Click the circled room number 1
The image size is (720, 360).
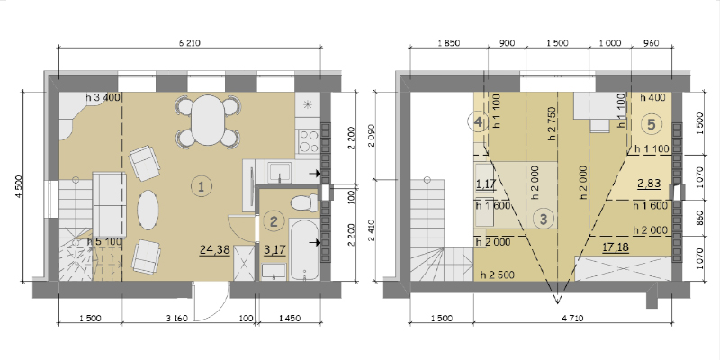(201, 186)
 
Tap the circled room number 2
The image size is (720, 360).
(274, 222)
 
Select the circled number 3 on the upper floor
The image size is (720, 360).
(544, 219)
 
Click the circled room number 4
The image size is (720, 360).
(478, 122)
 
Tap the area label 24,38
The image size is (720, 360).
(215, 250)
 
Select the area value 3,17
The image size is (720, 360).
(275, 250)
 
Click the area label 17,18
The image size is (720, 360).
(616, 247)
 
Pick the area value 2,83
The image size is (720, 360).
(649, 184)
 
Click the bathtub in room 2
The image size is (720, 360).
(304, 248)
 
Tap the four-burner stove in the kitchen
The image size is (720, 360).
(309, 141)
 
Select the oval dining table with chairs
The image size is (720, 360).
(209, 121)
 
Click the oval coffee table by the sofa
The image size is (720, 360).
(148, 210)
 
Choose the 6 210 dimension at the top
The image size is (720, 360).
(190, 43)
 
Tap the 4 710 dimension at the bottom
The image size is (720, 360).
(572, 319)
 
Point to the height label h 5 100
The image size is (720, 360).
(104, 241)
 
